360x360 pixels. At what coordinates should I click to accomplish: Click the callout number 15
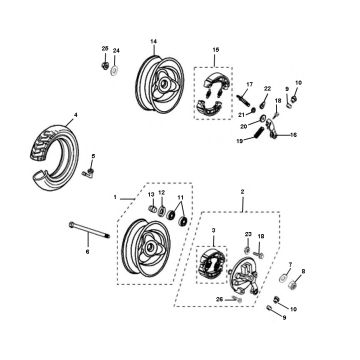tap(216, 48)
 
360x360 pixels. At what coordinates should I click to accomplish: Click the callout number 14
tap(154, 40)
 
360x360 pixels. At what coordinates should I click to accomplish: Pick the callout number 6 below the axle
tap(87, 251)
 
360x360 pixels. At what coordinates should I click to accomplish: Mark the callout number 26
tap(221, 299)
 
